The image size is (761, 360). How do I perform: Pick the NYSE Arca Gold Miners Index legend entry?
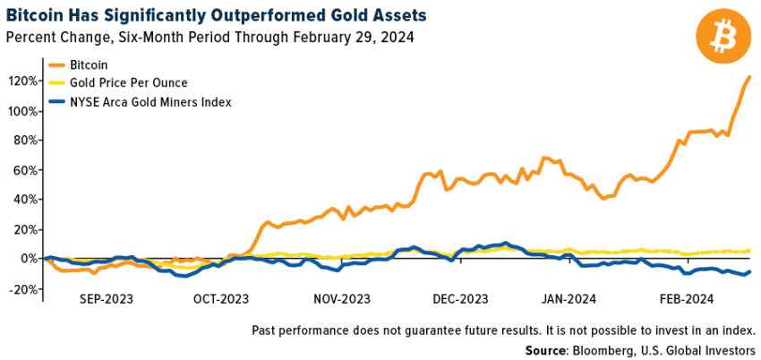coord(151,102)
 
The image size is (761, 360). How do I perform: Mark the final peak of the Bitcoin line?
coord(749,77)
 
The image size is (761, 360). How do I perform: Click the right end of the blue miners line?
coord(749,271)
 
